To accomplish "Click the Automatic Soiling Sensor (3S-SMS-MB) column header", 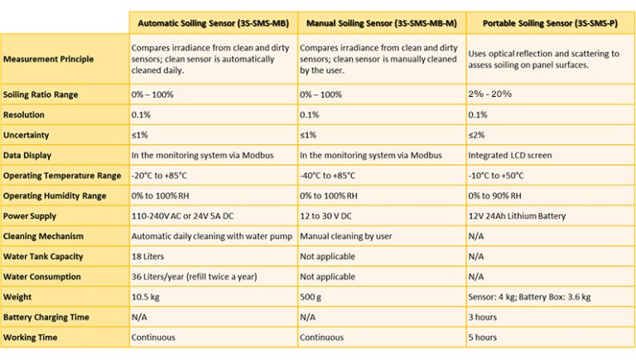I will pos(211,23).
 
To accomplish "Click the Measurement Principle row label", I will pos(47,60).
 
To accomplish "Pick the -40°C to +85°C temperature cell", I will pos(328,175).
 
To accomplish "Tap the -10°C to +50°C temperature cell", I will pos(496,175).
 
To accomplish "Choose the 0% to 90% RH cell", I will pos(495,195).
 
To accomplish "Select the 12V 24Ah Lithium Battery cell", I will pos(518,216).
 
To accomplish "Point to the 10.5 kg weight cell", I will pos(147,297).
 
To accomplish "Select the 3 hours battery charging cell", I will pos(484,317).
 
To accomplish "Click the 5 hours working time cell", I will pos(484,337).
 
